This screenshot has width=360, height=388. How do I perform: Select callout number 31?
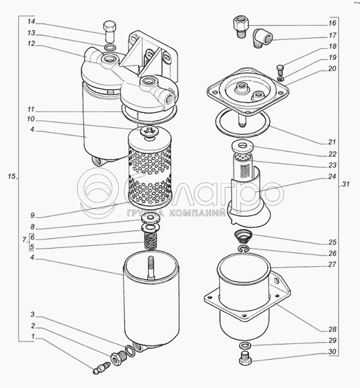pos(346,184)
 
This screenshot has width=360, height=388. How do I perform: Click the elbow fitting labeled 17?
pos(262,39)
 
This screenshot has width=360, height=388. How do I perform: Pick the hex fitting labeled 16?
pos(241,26)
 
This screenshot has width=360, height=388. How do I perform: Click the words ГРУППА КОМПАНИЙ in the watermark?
pos(176,214)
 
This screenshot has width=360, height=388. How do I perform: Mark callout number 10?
pos(32,119)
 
